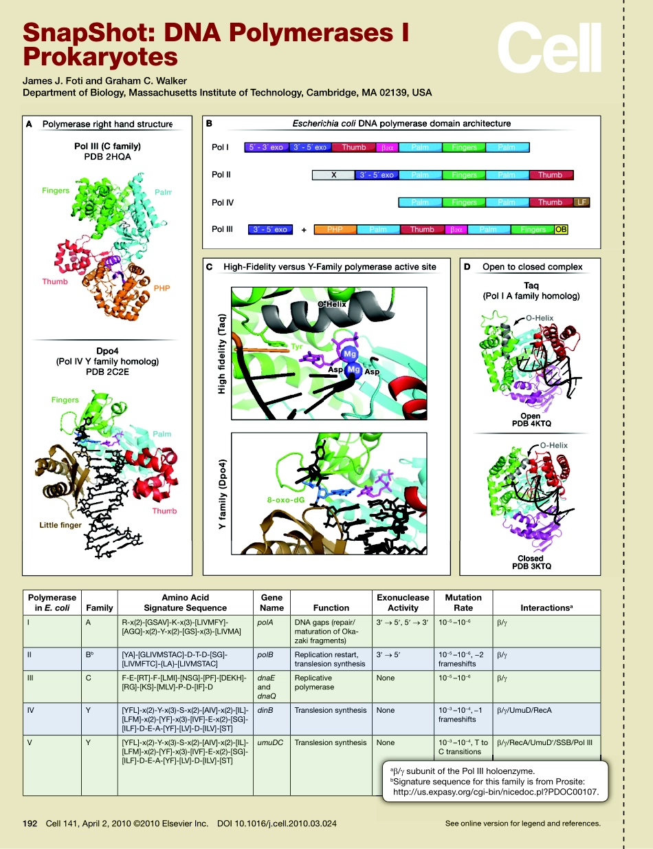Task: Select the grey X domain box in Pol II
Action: (x=333, y=175)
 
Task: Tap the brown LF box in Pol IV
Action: (x=582, y=202)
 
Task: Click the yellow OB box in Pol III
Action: (x=561, y=230)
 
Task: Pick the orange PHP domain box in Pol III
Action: (x=335, y=230)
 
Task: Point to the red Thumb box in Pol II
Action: (x=550, y=175)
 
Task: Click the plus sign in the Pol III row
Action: (x=304, y=230)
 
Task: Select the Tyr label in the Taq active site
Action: (x=297, y=347)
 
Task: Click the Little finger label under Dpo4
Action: (x=60, y=525)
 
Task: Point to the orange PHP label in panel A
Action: (x=162, y=288)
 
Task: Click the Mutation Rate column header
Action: (x=463, y=603)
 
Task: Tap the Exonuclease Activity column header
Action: (x=403, y=603)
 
